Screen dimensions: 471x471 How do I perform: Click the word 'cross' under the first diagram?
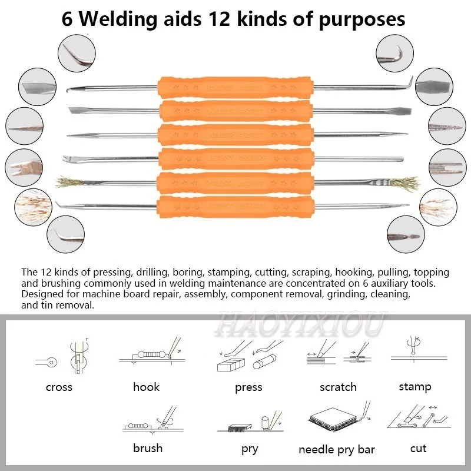[x=59, y=387]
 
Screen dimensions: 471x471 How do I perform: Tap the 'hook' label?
[x=146, y=387]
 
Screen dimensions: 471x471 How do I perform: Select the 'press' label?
[x=248, y=387]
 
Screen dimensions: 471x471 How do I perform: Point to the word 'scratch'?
[x=338, y=387]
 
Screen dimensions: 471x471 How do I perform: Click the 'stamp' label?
[x=414, y=387]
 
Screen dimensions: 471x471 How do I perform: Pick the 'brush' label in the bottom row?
[x=147, y=449]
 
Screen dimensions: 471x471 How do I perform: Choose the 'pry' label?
[x=250, y=449]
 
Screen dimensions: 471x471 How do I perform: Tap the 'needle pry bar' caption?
[x=337, y=450]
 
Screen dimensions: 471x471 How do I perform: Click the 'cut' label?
[x=418, y=449]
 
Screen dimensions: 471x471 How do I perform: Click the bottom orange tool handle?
[x=236, y=206]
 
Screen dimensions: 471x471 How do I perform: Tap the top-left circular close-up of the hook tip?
[x=77, y=52]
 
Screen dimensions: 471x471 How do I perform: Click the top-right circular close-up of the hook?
[x=394, y=52]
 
